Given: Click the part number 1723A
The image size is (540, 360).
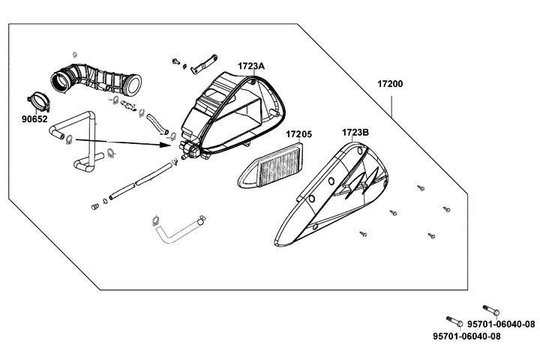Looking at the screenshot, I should tap(252, 66).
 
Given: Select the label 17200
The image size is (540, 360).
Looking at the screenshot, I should tap(390, 84).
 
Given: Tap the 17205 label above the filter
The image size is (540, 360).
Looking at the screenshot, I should tap(298, 134).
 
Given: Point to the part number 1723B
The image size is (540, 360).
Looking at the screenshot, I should tap(355, 133).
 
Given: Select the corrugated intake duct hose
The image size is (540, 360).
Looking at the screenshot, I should tap(105, 78).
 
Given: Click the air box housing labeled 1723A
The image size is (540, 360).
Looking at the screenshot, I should tap(225, 112).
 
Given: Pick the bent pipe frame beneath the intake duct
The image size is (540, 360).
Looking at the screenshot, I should tap(79, 139).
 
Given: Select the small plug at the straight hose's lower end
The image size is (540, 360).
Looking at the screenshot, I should tap(96, 205).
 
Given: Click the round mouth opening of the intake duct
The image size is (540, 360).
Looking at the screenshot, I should tap(58, 78).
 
